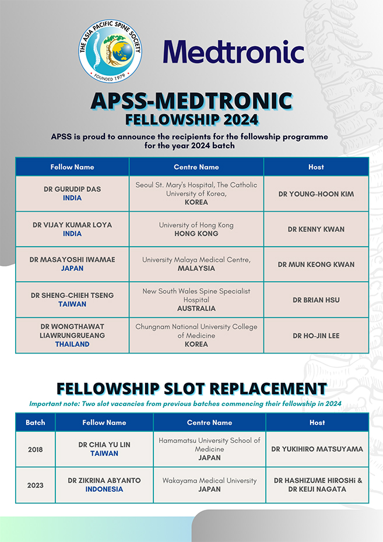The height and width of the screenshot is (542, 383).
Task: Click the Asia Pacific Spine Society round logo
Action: pos(110,51)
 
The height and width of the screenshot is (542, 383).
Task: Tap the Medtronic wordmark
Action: pos(233,51)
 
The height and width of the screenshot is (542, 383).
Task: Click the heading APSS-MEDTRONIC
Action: pos(191,101)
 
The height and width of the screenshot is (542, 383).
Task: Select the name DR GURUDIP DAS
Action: pos(72,190)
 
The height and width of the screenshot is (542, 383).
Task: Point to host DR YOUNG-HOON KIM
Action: pos(316,194)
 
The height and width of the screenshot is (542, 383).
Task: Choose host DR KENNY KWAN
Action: pos(316,229)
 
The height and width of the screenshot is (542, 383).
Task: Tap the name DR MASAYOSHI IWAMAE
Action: pos(72,260)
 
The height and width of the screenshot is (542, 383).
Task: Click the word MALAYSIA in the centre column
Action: pos(196,268)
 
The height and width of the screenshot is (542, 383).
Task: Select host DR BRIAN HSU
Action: pos(316,300)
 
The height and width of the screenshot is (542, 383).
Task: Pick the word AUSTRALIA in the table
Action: pos(196,308)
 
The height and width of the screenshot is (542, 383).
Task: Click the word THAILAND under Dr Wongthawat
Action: pos(72,344)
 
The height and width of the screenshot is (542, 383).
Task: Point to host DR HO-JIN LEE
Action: pos(316,335)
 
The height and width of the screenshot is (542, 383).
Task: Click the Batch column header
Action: pos(35,422)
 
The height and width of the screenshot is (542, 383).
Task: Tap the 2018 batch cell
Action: pos(35,449)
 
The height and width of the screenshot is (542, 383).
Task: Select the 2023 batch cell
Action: pos(35,485)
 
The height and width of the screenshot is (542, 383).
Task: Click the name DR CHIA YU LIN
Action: pos(104,445)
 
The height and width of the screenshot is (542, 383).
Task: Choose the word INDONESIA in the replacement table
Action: pos(104,489)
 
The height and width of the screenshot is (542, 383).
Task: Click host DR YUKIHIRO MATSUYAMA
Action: pos(317,449)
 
